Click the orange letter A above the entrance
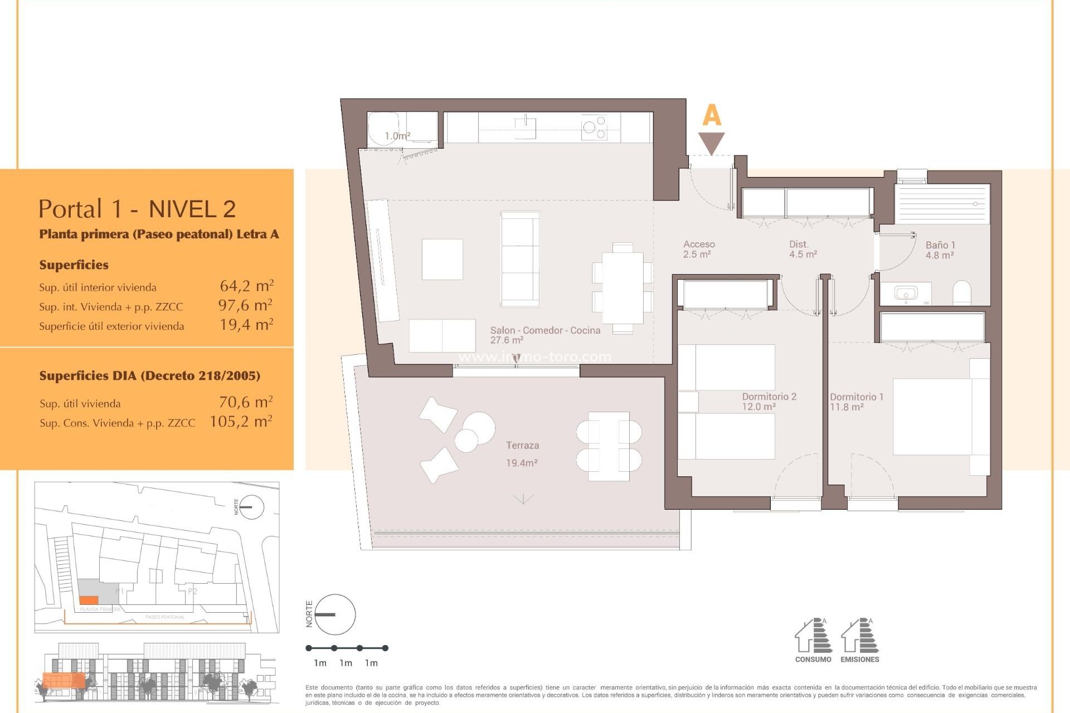coord(712,115)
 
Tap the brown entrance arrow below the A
coord(712,142)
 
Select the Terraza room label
coord(522,446)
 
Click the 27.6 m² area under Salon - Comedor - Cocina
coord(507,340)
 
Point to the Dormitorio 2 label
coord(769,397)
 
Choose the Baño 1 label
coord(940,245)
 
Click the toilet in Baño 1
coord(962,293)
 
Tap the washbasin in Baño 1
coord(906,292)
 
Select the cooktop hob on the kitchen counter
coord(594,128)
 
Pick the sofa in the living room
coord(521,259)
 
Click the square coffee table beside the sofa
coord(442,260)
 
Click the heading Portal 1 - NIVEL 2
coord(137,209)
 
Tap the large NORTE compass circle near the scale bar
coord(335,614)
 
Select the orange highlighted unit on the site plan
coord(89,600)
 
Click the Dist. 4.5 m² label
coord(802,249)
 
